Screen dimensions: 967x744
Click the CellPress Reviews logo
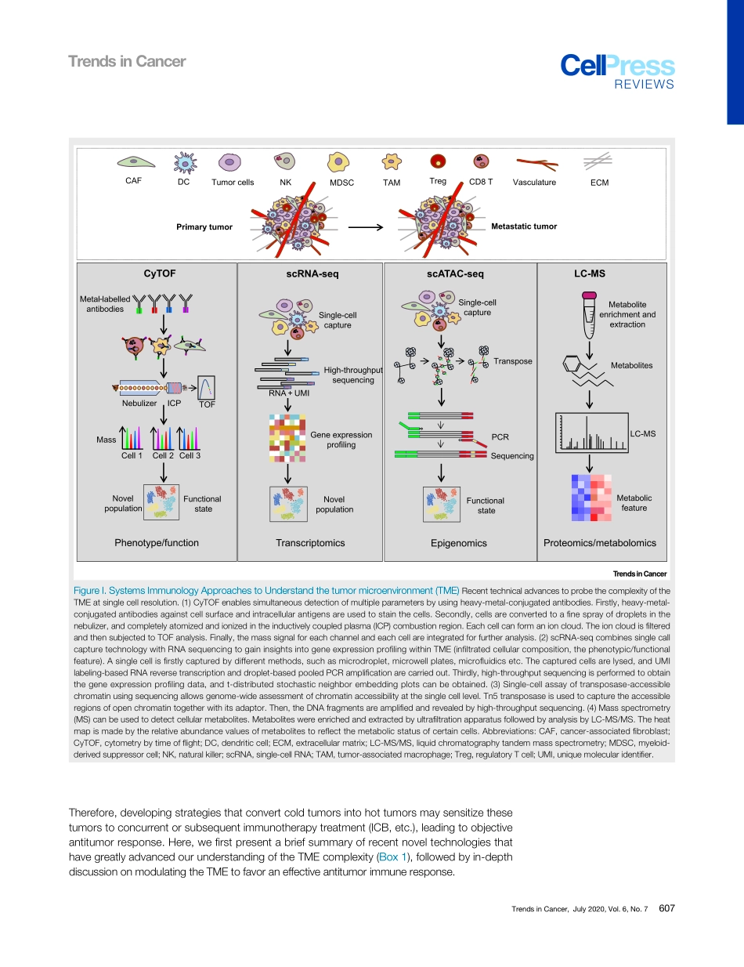617,71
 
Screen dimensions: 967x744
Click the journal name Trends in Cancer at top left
127,61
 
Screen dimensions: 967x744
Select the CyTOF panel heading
159,273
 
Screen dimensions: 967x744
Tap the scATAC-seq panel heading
455,273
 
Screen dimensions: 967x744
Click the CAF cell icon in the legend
134,161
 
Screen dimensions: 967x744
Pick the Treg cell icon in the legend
439,161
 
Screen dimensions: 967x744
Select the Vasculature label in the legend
534,183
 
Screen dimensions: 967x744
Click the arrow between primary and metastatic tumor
364,227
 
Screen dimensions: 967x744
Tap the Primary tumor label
204,227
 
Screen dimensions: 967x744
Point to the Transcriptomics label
310,542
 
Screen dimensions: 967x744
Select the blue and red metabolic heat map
591,497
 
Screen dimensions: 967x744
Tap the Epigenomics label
458,543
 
